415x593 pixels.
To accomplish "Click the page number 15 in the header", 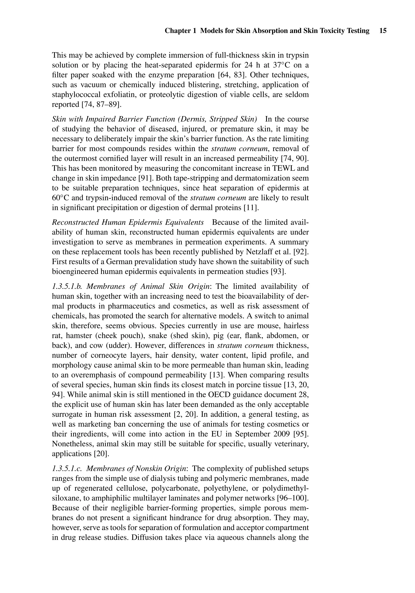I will click(x=383, y=31).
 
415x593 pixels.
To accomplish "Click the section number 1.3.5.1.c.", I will click(x=67, y=469).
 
